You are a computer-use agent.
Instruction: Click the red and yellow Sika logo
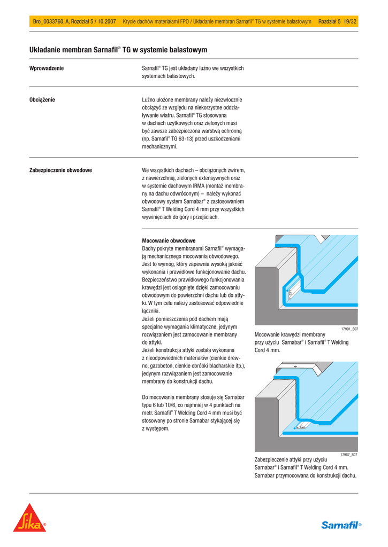click(30, 518)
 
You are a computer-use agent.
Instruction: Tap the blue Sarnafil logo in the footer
click(341, 525)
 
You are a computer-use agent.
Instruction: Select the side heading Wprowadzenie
click(47, 68)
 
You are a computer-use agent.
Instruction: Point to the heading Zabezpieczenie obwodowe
click(60, 170)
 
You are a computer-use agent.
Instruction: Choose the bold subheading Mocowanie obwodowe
click(169, 241)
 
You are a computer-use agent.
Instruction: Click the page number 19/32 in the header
click(351, 21)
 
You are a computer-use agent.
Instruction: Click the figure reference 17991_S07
click(349, 329)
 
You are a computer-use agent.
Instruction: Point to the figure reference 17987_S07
click(349, 455)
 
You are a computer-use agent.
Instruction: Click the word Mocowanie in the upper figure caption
click(268, 335)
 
